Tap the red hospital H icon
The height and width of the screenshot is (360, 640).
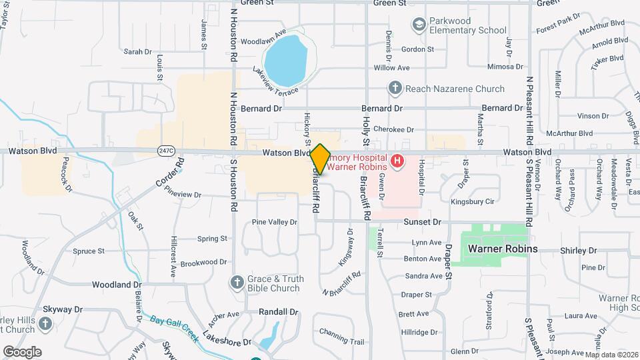pos(397,161)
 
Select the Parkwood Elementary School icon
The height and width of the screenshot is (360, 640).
pos(419,25)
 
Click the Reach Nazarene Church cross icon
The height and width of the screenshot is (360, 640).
pos(395,88)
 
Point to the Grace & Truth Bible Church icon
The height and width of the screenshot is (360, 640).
pos(237,283)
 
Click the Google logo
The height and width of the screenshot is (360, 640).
pos(22,351)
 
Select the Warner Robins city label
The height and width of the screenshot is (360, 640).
pos(502,249)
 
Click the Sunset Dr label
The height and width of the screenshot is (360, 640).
pos(423,221)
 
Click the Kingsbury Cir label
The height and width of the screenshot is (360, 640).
pos(472,201)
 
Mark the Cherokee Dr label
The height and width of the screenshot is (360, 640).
pos(394,130)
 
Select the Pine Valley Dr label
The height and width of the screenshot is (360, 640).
pos(274,221)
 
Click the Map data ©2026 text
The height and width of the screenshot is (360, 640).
pos(611,353)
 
